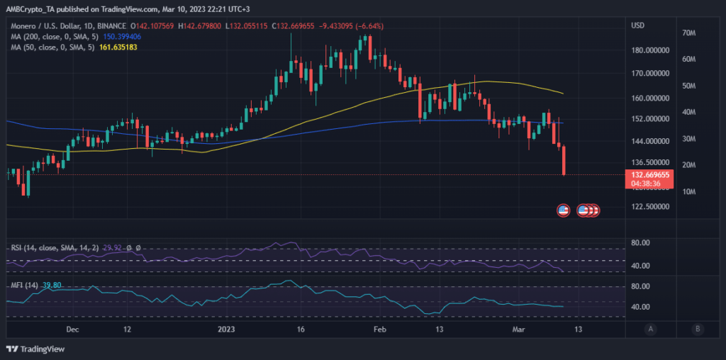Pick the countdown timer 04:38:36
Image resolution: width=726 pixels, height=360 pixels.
coord(646,183)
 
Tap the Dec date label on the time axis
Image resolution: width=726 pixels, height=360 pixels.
coord(72,330)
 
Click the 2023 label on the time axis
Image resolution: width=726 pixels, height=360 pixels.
coord(225,330)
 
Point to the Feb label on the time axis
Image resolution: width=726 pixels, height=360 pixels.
coord(379,330)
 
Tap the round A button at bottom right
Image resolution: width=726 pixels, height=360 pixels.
coord(650,329)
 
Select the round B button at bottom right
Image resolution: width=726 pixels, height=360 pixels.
coord(698,329)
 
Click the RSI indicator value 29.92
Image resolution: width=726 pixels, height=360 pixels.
coord(113,247)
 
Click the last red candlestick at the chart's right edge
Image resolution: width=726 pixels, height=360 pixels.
coord(564,160)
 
